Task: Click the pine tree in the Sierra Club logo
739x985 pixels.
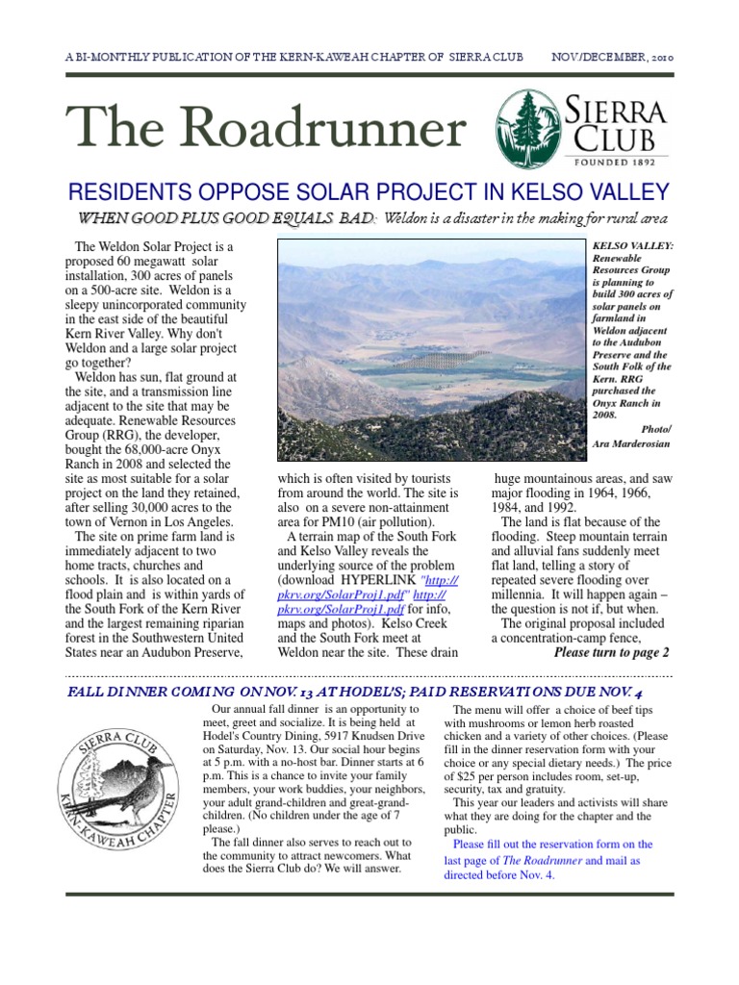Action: pos(524,123)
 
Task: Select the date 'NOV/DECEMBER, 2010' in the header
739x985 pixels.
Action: pos(611,58)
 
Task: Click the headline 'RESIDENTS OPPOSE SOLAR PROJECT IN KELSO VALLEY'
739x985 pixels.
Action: pos(369,191)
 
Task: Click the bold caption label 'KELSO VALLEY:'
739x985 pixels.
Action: pos(633,246)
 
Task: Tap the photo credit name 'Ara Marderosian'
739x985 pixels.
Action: pos(632,443)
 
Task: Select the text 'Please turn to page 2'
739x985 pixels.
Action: pos(611,652)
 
